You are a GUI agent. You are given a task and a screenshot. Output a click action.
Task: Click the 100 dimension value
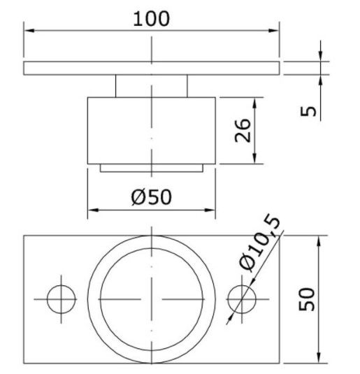click(151, 19)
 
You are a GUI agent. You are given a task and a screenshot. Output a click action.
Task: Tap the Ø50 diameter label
click(151, 197)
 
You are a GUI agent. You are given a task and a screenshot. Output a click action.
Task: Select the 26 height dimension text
click(243, 130)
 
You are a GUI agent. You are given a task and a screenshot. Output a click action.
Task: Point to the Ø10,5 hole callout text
click(259, 243)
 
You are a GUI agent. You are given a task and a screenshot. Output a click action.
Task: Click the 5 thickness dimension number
click(308, 111)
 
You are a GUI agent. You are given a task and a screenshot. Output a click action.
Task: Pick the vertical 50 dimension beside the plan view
click(307, 299)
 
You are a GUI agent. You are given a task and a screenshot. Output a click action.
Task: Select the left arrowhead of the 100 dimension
click(29, 31)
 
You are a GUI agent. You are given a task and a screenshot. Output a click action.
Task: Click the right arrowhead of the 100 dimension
click(273, 31)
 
